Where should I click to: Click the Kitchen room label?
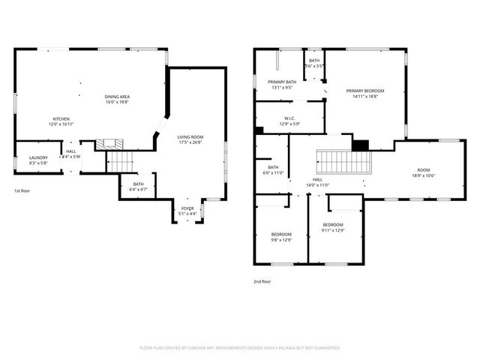61,119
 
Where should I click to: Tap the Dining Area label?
118,96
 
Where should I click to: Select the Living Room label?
190,136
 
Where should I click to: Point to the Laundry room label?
38,157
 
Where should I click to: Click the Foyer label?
187,209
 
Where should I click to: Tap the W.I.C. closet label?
291,118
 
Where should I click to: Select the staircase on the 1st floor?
120,160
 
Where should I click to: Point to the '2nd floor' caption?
262,281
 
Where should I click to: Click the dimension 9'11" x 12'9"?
333,230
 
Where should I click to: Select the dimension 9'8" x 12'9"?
281,240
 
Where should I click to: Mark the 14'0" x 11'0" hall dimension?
318,185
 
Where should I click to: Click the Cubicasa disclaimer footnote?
240,348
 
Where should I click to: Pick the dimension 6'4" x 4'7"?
139,189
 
